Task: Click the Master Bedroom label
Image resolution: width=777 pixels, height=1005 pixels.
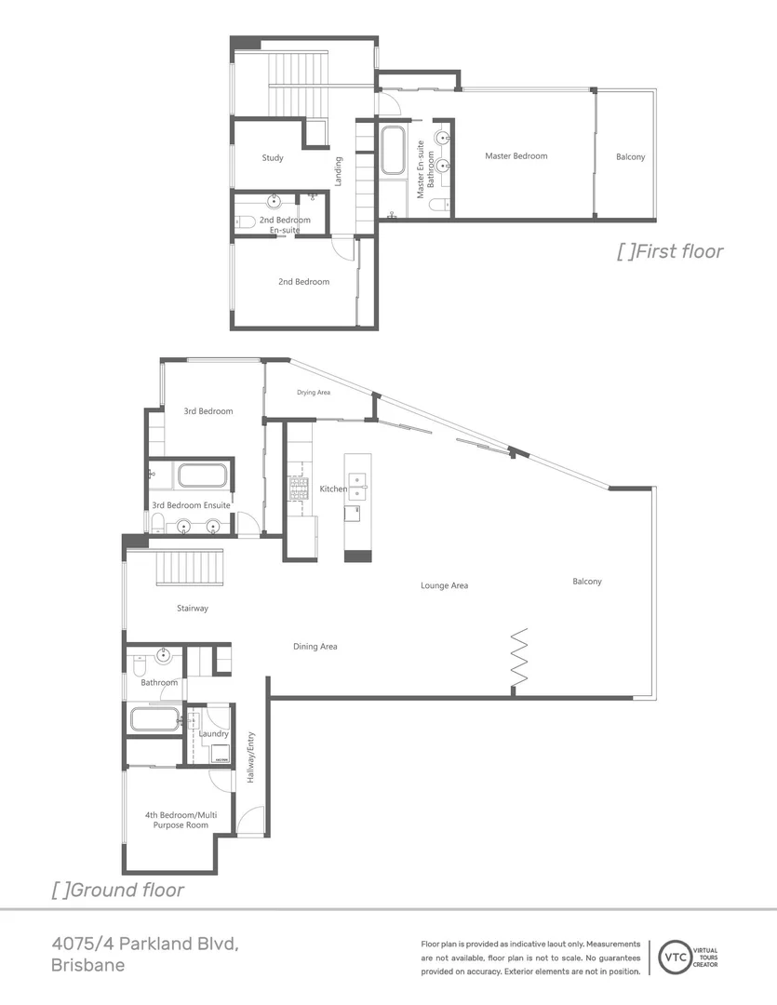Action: (x=516, y=156)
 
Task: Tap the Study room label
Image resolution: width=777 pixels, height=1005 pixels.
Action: (x=272, y=158)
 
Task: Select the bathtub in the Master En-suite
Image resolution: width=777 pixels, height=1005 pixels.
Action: (x=392, y=151)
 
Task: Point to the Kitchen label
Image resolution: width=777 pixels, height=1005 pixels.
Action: (x=333, y=489)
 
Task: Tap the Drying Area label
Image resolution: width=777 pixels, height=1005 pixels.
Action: (x=314, y=393)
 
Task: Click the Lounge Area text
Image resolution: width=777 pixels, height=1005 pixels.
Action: (x=444, y=585)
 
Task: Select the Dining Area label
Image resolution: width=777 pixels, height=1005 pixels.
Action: (x=315, y=646)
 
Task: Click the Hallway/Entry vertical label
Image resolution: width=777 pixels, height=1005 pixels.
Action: (x=249, y=758)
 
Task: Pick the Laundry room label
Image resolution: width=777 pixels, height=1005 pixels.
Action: (x=213, y=733)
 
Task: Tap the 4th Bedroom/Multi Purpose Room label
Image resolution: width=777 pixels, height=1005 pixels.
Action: (x=181, y=820)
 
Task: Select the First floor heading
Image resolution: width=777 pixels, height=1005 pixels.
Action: (x=670, y=251)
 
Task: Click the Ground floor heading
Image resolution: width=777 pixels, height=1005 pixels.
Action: (x=117, y=890)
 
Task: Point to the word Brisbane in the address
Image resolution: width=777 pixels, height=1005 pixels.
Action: (x=87, y=966)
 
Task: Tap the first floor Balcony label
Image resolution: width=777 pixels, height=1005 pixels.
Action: (x=630, y=156)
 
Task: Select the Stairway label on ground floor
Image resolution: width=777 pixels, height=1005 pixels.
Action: (x=192, y=609)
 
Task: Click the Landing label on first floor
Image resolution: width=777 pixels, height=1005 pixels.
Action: (x=339, y=170)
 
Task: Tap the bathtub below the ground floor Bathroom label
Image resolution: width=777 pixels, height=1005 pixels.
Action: (x=154, y=719)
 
